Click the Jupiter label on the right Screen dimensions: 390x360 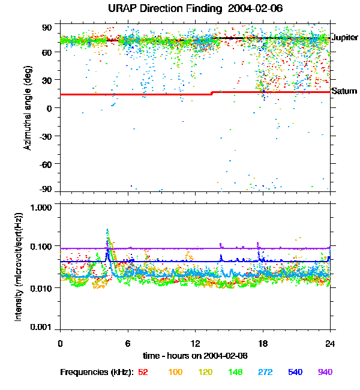click(344, 38)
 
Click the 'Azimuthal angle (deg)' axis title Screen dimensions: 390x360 click(27, 108)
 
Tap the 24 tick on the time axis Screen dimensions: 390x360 click(330, 343)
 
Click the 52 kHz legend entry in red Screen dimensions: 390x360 click(143, 372)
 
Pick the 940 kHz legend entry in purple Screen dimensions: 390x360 click(325, 372)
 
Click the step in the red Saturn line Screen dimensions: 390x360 click(212, 93)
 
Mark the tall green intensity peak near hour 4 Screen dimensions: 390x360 click(107, 231)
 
